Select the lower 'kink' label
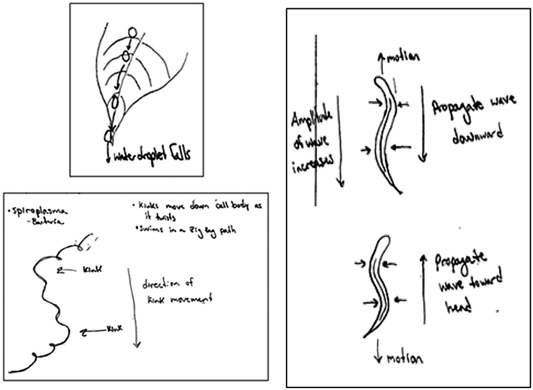113,328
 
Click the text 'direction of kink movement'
179,292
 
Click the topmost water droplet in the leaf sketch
131,33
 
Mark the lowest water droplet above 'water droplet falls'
108,134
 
